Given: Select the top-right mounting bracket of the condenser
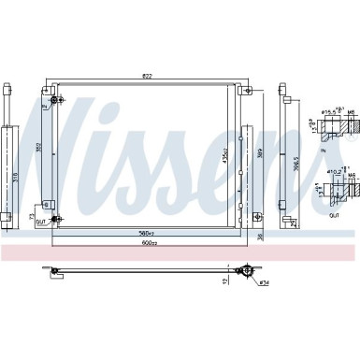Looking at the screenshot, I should pyautogui.click(x=244, y=91).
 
